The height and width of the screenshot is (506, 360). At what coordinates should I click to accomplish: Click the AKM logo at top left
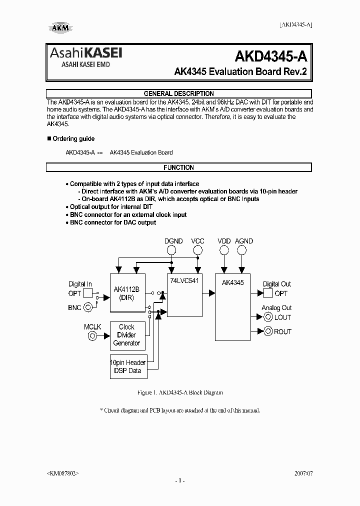click(60, 28)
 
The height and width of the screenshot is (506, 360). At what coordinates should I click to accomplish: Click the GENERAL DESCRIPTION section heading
click(178, 93)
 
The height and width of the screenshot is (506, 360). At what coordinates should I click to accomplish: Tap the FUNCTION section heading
click(178, 167)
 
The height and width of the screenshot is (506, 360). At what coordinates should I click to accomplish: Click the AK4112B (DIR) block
click(127, 295)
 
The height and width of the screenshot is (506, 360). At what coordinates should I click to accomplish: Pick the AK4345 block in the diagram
click(234, 305)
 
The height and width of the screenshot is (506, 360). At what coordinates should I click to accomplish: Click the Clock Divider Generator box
click(126, 335)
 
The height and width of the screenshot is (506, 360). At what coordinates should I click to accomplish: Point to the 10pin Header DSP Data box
click(128, 366)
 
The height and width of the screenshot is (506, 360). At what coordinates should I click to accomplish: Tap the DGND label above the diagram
click(173, 241)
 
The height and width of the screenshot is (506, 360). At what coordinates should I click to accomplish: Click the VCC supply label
click(198, 241)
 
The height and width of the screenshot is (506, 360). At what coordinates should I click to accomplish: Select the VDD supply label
click(224, 241)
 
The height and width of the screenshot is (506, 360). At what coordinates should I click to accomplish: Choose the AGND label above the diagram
click(244, 241)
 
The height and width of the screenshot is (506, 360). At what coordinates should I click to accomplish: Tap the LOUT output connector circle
click(268, 317)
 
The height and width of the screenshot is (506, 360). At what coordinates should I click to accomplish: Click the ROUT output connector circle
click(268, 331)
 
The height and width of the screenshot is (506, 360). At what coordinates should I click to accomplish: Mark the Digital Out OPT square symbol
click(267, 293)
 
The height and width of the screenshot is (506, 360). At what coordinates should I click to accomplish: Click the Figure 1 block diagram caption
click(179, 393)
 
